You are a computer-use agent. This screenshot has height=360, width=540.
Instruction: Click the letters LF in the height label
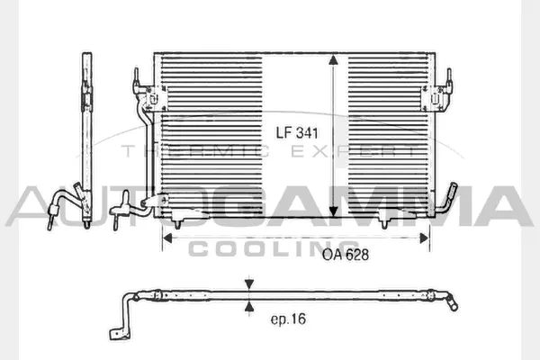tap(283, 133)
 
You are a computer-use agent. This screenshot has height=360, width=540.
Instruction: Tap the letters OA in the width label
tap(331, 255)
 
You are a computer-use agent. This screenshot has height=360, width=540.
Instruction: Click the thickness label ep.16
tap(289, 319)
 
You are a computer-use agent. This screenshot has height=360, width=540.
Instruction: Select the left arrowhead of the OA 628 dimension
tap(166, 238)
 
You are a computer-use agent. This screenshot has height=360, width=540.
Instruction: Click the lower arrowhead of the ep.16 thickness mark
tap(247, 305)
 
